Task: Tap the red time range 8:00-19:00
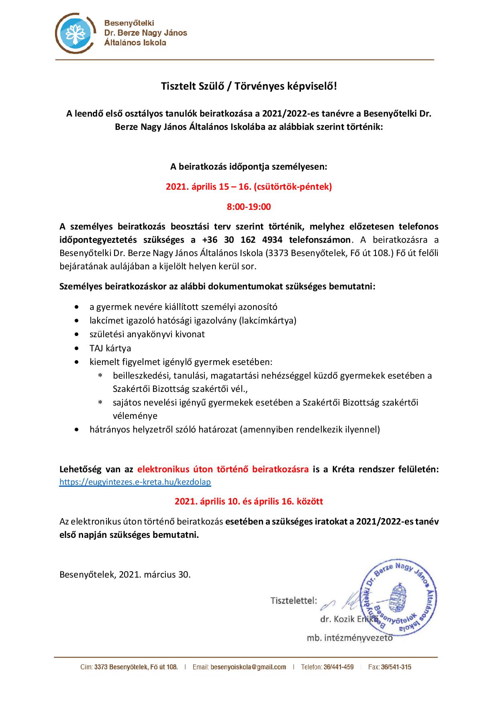click(x=249, y=207)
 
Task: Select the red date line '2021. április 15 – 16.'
click(x=249, y=187)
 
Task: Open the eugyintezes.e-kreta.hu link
click(x=135, y=482)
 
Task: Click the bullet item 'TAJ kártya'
click(x=110, y=348)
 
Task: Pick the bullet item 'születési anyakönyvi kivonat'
click(x=147, y=334)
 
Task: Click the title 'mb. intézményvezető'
click(x=349, y=637)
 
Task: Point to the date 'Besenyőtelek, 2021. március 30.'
click(x=125, y=574)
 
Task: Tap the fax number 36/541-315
click(x=396, y=667)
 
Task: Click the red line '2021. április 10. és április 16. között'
click(x=249, y=502)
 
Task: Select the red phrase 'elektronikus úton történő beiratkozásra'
click(x=223, y=469)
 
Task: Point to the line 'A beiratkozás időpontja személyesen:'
click(x=249, y=166)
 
